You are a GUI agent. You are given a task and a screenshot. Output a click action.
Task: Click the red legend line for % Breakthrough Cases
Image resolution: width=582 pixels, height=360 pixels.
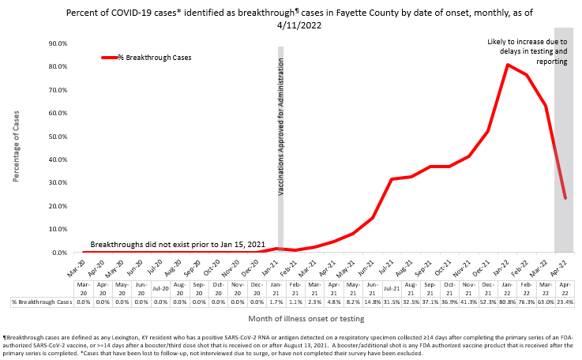pyautogui.click(x=110, y=58)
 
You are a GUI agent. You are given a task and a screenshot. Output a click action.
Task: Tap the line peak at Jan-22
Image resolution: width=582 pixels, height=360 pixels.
pyautogui.click(x=507, y=65)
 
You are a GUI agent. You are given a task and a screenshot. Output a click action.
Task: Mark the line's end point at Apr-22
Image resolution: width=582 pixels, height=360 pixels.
pyautogui.click(x=565, y=198)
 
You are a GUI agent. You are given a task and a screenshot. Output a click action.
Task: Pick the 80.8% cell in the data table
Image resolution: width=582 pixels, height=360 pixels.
pyautogui.click(x=507, y=302)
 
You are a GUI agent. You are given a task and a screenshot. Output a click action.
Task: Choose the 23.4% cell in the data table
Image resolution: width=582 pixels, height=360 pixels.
pyautogui.click(x=565, y=302)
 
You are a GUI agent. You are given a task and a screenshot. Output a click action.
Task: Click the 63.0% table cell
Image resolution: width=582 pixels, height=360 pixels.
pyautogui.click(x=546, y=302)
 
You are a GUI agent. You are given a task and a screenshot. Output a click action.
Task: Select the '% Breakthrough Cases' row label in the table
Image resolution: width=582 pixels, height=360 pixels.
pyautogui.click(x=42, y=302)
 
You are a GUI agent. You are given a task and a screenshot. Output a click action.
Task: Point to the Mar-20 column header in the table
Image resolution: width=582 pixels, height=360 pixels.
pyautogui.click(x=84, y=288)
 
